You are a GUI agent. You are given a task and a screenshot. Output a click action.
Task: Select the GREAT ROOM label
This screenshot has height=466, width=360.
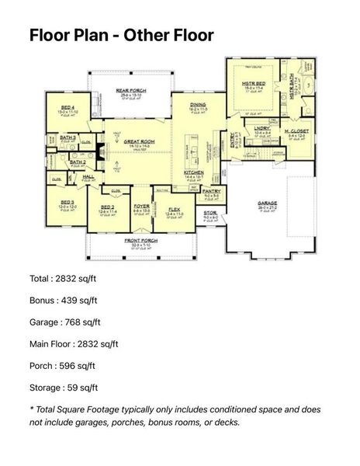(120, 141)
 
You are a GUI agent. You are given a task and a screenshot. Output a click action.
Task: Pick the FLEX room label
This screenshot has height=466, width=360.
(174, 207)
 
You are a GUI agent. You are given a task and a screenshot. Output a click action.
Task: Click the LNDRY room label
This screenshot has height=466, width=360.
(261, 129)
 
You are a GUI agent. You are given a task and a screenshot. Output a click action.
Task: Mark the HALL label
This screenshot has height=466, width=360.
(88, 177)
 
